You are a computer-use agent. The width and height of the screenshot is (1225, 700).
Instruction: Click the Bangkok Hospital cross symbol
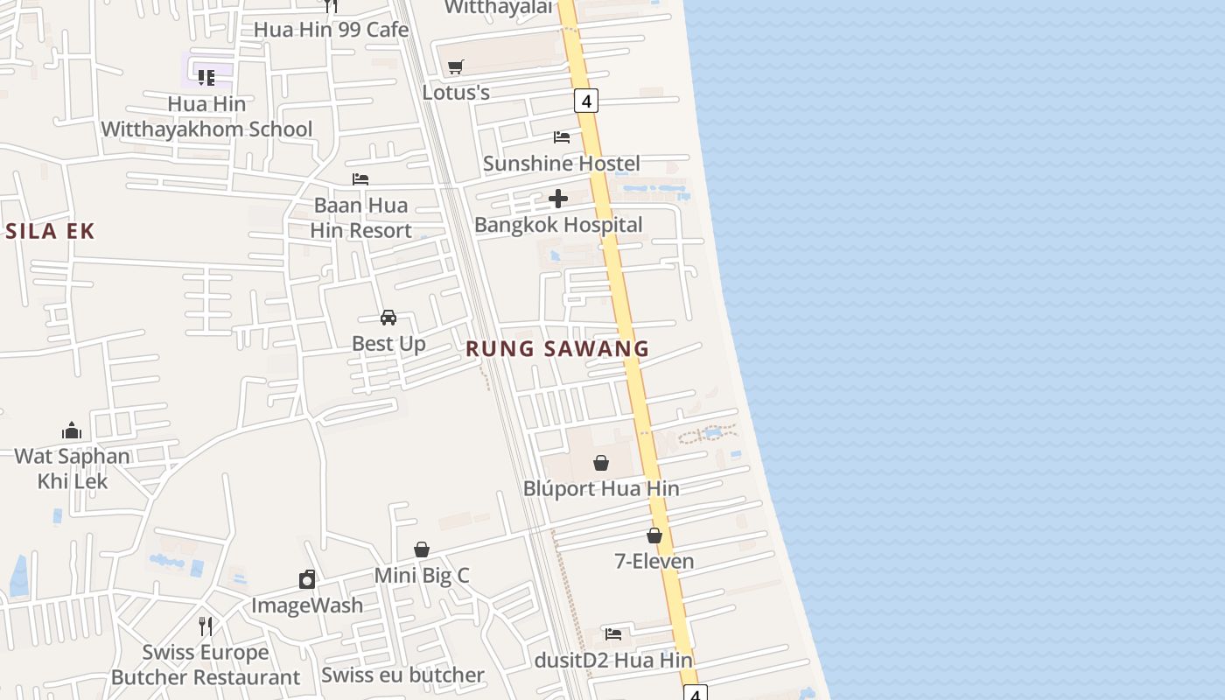[x=558, y=199]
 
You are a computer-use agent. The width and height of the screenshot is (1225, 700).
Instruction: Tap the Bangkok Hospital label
[x=558, y=225]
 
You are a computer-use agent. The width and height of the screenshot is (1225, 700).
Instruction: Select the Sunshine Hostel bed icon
[x=562, y=137]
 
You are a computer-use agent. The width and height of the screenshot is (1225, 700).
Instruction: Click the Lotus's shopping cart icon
[x=455, y=66]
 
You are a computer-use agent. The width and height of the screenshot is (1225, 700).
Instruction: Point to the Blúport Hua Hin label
[x=601, y=488]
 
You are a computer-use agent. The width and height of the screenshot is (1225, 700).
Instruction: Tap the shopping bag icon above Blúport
[x=601, y=463]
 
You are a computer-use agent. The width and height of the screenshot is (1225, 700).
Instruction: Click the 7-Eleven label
[x=654, y=561]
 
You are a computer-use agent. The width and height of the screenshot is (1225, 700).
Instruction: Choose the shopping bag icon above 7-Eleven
[x=654, y=535]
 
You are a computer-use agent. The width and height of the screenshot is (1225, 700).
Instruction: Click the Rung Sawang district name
[x=557, y=348]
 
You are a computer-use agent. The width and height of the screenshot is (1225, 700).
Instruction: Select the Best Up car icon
[x=388, y=318]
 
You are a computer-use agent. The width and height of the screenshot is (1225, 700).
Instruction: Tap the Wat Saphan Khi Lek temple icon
[x=72, y=430]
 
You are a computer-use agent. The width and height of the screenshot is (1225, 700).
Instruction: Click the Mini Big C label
[x=422, y=575]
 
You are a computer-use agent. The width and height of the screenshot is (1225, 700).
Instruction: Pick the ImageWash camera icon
[x=307, y=579]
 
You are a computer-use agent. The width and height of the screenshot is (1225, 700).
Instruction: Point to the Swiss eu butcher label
[x=402, y=675]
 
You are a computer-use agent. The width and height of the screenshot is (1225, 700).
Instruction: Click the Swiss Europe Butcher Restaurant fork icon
[x=206, y=626]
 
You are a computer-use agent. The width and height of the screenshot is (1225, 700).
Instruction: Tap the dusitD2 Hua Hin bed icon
[x=613, y=634]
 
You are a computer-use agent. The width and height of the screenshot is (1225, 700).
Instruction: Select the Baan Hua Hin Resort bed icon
[x=360, y=179]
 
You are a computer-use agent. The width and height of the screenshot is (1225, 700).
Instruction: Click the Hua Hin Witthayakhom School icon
[x=206, y=78]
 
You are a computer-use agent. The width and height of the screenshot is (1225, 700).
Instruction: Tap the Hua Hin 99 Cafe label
[x=332, y=30]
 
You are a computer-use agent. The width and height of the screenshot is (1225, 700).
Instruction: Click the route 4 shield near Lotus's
[x=586, y=101]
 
